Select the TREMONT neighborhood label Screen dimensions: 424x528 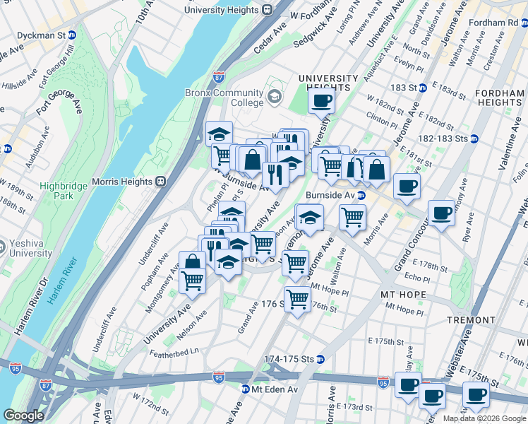coord(471,320)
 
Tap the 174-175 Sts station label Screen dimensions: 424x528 coord(289,359)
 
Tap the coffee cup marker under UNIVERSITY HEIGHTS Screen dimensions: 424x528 coord(321,100)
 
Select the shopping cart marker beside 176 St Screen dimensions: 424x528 coord(298,300)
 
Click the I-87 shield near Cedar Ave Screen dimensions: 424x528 coord(220,74)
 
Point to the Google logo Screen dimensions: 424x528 coord(23,416)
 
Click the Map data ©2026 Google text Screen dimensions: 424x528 coord(484,418)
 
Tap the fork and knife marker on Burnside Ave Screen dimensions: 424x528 coord(275,174)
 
